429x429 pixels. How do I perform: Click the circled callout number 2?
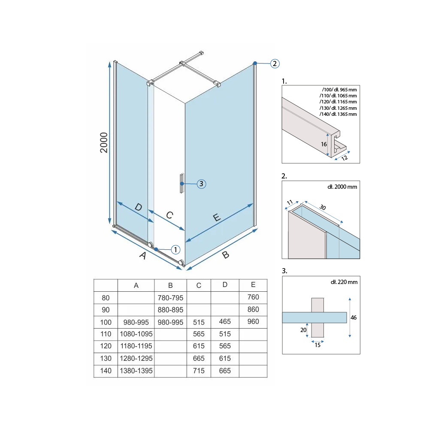pyautogui.click(x=275, y=64)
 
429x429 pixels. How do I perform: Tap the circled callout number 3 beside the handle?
pyautogui.click(x=201, y=184)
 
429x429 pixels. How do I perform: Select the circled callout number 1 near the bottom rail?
pyautogui.click(x=175, y=250)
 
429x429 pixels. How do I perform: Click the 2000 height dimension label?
pyautogui.click(x=104, y=142)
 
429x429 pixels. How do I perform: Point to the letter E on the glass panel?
pyautogui.click(x=217, y=218)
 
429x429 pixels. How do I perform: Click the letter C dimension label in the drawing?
pyautogui.click(x=169, y=215)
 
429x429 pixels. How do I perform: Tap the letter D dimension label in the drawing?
pyautogui.click(x=139, y=207)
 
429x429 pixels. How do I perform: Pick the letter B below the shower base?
pyautogui.click(x=226, y=255)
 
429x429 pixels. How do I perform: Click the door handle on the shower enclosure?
pyautogui.click(x=181, y=183)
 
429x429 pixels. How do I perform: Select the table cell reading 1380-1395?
pyautogui.click(x=136, y=371)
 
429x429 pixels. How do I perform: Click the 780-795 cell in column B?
pyautogui.click(x=170, y=298)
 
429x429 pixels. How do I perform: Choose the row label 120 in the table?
pyautogui.click(x=106, y=346)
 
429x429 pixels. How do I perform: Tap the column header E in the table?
pyautogui.click(x=253, y=285)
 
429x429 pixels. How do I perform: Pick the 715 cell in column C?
pyautogui.click(x=199, y=371)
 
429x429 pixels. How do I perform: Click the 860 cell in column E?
pyautogui.click(x=253, y=309)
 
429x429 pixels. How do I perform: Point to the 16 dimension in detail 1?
pyautogui.click(x=324, y=144)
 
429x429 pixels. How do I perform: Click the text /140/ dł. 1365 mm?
pyautogui.click(x=338, y=114)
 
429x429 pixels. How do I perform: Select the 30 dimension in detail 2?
pyautogui.click(x=323, y=207)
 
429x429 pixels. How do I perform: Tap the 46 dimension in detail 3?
pyautogui.click(x=353, y=317)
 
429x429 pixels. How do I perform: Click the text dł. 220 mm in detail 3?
pyautogui.click(x=344, y=282)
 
